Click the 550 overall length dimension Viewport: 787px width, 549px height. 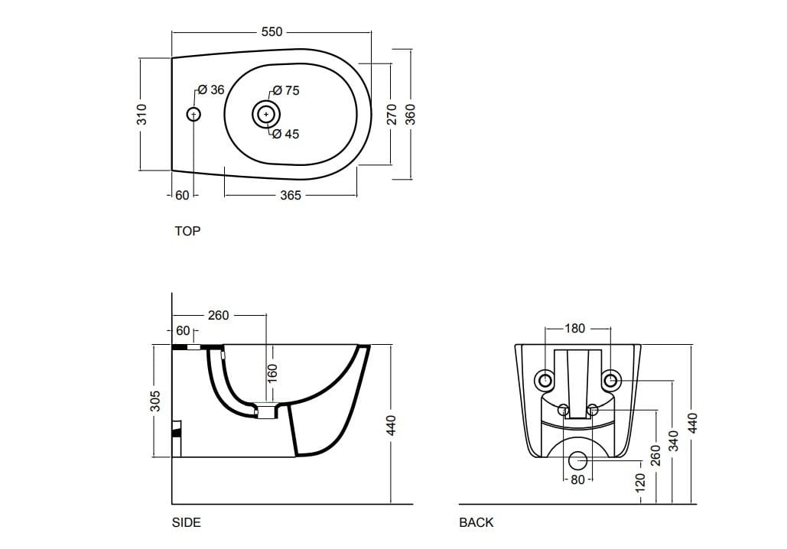[272, 32]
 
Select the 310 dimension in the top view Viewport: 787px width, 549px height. [141, 115]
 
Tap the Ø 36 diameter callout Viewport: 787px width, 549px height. [211, 90]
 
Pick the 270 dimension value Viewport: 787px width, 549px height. [391, 115]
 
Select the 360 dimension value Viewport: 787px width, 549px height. [411, 115]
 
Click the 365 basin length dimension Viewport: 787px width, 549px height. [290, 196]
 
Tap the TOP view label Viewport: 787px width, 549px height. [187, 231]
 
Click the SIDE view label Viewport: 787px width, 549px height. [187, 523]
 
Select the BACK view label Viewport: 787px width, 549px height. [476, 523]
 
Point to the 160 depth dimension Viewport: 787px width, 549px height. [273, 373]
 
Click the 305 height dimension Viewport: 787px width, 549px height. [154, 401]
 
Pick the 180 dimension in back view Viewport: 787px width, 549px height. [574, 329]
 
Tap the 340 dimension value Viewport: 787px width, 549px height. [673, 440]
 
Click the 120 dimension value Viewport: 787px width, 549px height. [640, 482]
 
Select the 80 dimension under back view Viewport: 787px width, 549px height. [578, 480]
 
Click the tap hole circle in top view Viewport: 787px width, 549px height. [193, 115]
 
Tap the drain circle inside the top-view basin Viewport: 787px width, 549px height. [265, 115]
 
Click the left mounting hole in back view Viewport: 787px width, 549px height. [545, 380]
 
